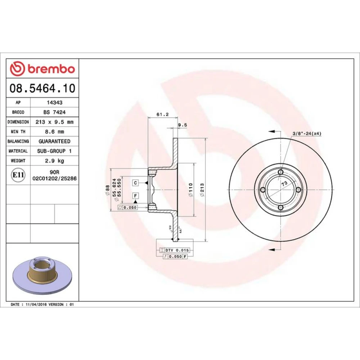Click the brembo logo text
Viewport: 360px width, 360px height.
pyautogui.click(x=51, y=69)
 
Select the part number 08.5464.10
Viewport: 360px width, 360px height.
pyautogui.click(x=42, y=88)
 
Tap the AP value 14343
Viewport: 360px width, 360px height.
pyautogui.click(x=54, y=103)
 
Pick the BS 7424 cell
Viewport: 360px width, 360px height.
pyautogui.click(x=54, y=112)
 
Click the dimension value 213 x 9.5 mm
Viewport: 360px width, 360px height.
pyautogui.click(x=54, y=122)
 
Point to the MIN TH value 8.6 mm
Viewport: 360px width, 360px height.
pyautogui.click(x=54, y=132)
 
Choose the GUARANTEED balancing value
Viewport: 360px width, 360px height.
pyautogui.click(x=54, y=141)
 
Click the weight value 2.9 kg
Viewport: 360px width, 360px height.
pyautogui.click(x=54, y=161)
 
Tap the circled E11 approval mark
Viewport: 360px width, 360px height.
pyautogui.click(x=18, y=175)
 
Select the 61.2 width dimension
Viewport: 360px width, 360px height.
pyautogui.click(x=162, y=114)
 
